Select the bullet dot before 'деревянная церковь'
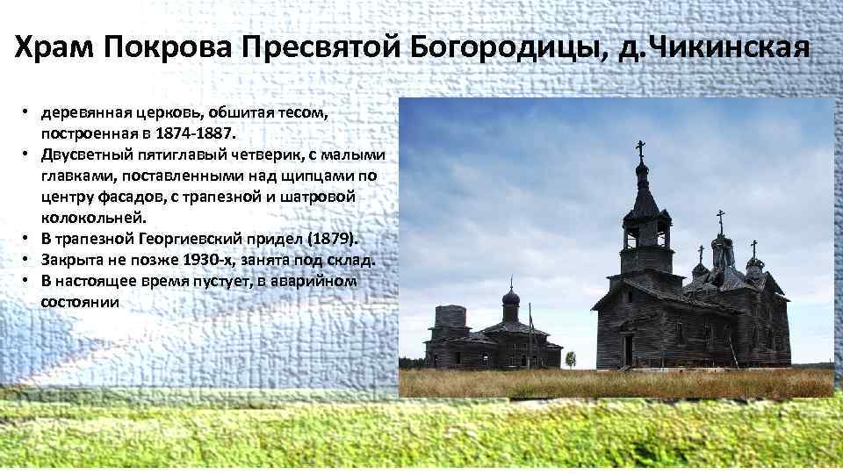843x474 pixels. pos(28,115)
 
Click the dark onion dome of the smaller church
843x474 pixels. pos(510,299)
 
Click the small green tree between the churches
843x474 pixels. pos(571,360)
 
